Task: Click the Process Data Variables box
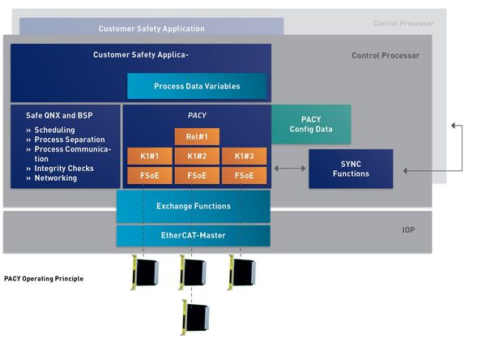(197, 86)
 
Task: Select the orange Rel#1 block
(197, 136)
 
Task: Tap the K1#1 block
(149, 156)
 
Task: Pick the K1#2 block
(197, 156)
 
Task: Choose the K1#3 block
(245, 156)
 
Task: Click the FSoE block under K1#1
(149, 175)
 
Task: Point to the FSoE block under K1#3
(245, 175)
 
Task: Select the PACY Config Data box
(311, 124)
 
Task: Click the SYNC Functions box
(351, 169)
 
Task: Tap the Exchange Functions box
(194, 207)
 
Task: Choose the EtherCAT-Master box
(194, 236)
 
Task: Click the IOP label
(408, 230)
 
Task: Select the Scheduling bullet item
(50, 130)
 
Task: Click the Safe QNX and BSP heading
(59, 115)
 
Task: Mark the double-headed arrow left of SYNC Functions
(290, 168)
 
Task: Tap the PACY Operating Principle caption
(44, 279)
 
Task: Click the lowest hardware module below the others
(195, 317)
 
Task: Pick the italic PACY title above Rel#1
(197, 115)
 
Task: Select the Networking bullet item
(52, 178)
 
